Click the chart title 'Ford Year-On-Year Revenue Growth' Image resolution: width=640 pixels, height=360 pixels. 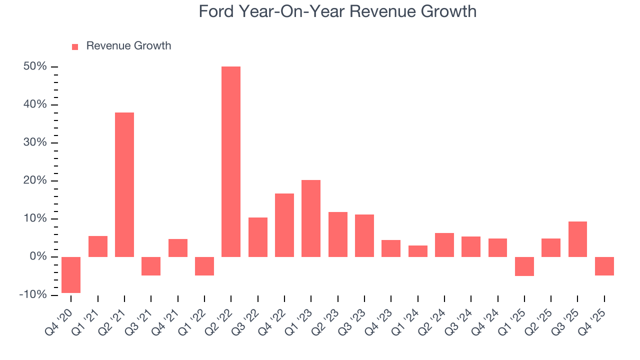(x=337, y=11)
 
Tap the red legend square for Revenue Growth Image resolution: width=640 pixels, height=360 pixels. (x=75, y=46)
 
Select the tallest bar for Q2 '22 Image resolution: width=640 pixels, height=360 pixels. (x=231, y=161)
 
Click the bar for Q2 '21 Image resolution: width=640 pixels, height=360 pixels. (x=124, y=184)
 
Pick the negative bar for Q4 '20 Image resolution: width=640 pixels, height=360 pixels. (x=71, y=274)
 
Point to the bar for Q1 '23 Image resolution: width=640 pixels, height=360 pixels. (x=311, y=218)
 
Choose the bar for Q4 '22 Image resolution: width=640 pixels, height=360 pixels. (x=284, y=225)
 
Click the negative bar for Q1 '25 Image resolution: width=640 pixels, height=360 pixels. (x=524, y=266)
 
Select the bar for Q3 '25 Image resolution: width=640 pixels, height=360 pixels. (x=577, y=239)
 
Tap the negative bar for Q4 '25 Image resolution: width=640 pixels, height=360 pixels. (x=604, y=266)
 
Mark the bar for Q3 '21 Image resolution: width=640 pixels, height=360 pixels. (x=151, y=266)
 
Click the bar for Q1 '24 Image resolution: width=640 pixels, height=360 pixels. (x=417, y=251)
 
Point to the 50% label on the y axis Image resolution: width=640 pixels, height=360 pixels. (x=35, y=66)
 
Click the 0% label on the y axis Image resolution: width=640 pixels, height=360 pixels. (x=37, y=257)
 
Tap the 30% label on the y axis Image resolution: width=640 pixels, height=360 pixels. (x=35, y=143)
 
